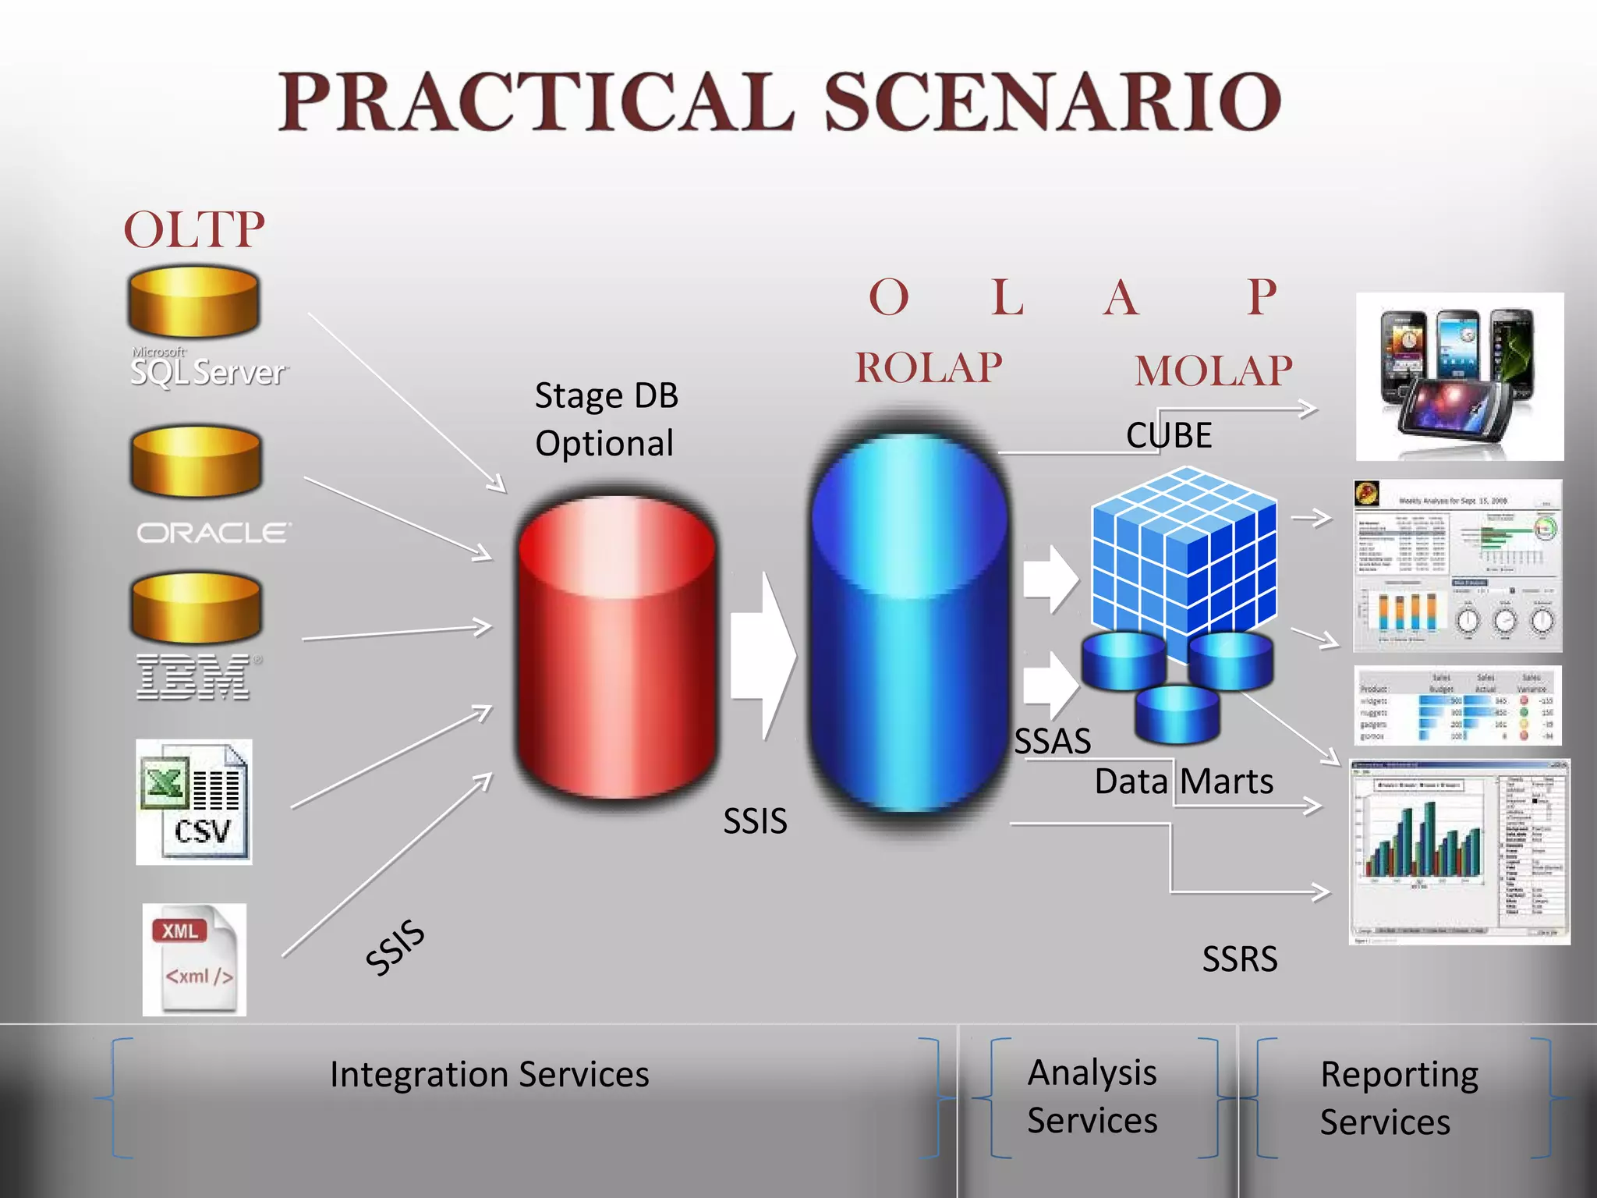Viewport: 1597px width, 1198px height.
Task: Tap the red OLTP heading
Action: [x=194, y=230]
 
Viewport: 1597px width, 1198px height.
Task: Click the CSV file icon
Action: [x=194, y=802]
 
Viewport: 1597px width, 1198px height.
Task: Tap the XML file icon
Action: [x=194, y=959]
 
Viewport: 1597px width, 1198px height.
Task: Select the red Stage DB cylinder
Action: [x=616, y=647]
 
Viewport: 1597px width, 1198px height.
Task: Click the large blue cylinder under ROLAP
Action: [x=909, y=624]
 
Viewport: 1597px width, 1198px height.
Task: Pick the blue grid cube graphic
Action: [x=1184, y=550]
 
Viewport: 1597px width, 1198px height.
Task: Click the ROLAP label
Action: [x=928, y=368]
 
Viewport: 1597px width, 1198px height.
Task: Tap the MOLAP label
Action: [x=1213, y=371]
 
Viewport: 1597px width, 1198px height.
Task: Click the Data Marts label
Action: [x=1183, y=782]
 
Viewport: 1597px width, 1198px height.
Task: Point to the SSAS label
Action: [x=1052, y=741]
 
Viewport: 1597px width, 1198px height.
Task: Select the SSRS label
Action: [x=1239, y=959]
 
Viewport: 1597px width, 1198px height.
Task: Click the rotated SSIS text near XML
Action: [x=395, y=947]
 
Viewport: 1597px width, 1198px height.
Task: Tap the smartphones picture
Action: [x=1459, y=377]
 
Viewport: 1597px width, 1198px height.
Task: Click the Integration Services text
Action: [x=489, y=1074]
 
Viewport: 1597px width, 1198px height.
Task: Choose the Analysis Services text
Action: [x=1092, y=1096]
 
